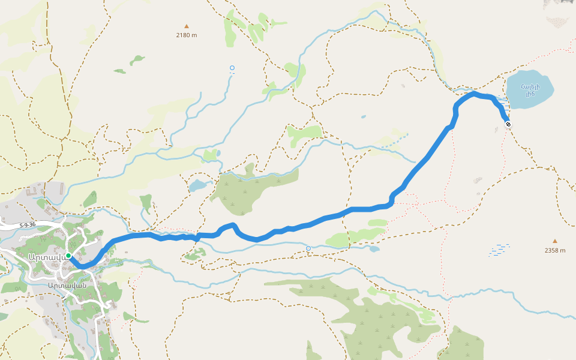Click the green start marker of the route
coord(69,256)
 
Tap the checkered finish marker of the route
coord(508,124)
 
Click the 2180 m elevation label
coord(187,35)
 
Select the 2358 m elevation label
coord(555,250)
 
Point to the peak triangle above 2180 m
coord(187,26)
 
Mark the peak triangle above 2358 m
coord(555,241)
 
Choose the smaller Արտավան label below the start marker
coord(68,285)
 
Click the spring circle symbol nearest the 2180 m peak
coord(232,68)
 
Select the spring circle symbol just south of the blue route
coord(308,248)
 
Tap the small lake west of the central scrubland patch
coord(197,186)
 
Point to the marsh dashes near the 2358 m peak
coord(499,250)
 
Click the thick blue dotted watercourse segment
coord(393,142)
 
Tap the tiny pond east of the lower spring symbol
coord(374,248)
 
